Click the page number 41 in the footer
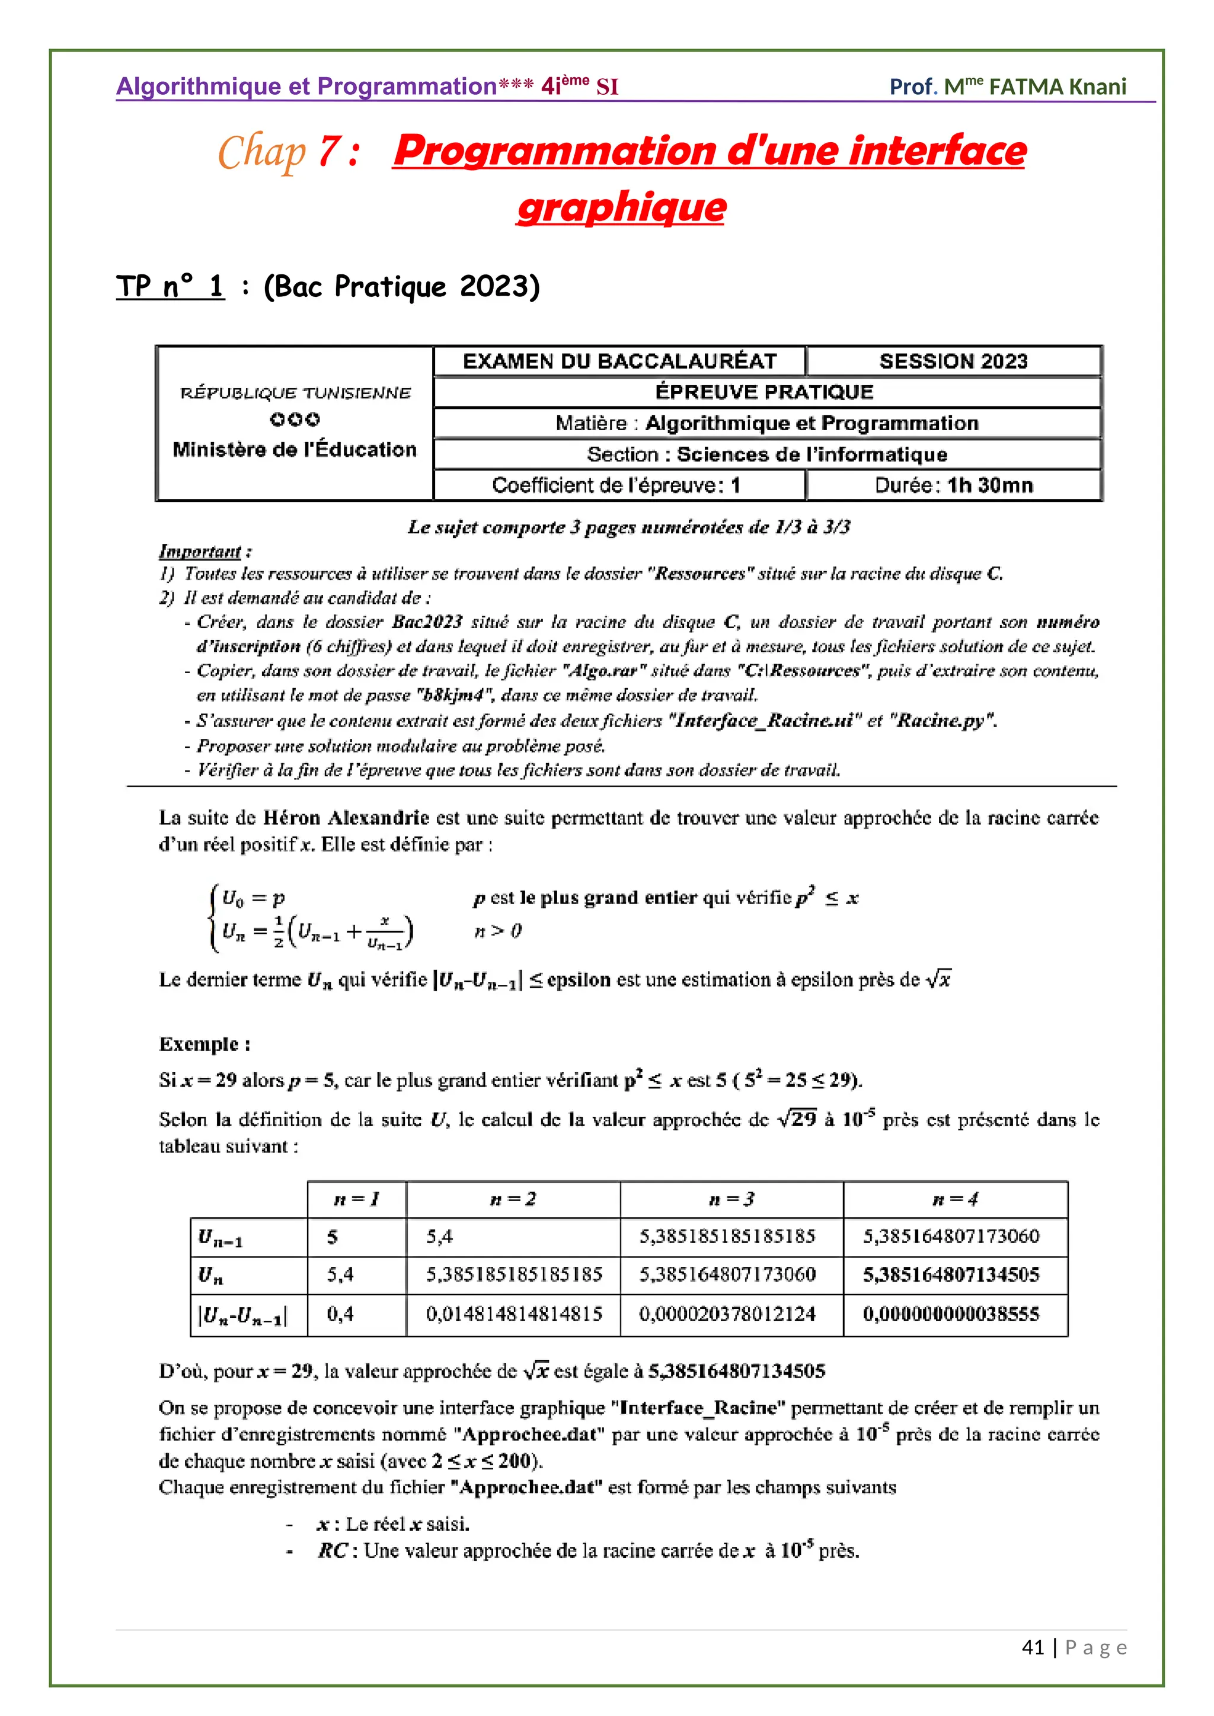click(x=1033, y=1647)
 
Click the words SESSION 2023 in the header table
click(x=953, y=361)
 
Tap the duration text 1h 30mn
click(x=990, y=486)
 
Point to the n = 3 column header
click(x=731, y=1199)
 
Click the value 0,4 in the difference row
click(x=340, y=1314)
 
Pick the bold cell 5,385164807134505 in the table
click(x=951, y=1275)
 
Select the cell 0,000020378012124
click(x=727, y=1314)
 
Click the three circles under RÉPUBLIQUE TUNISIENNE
click(x=295, y=420)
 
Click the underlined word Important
click(x=200, y=552)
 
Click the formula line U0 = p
click(x=254, y=898)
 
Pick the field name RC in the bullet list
click(x=332, y=1551)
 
